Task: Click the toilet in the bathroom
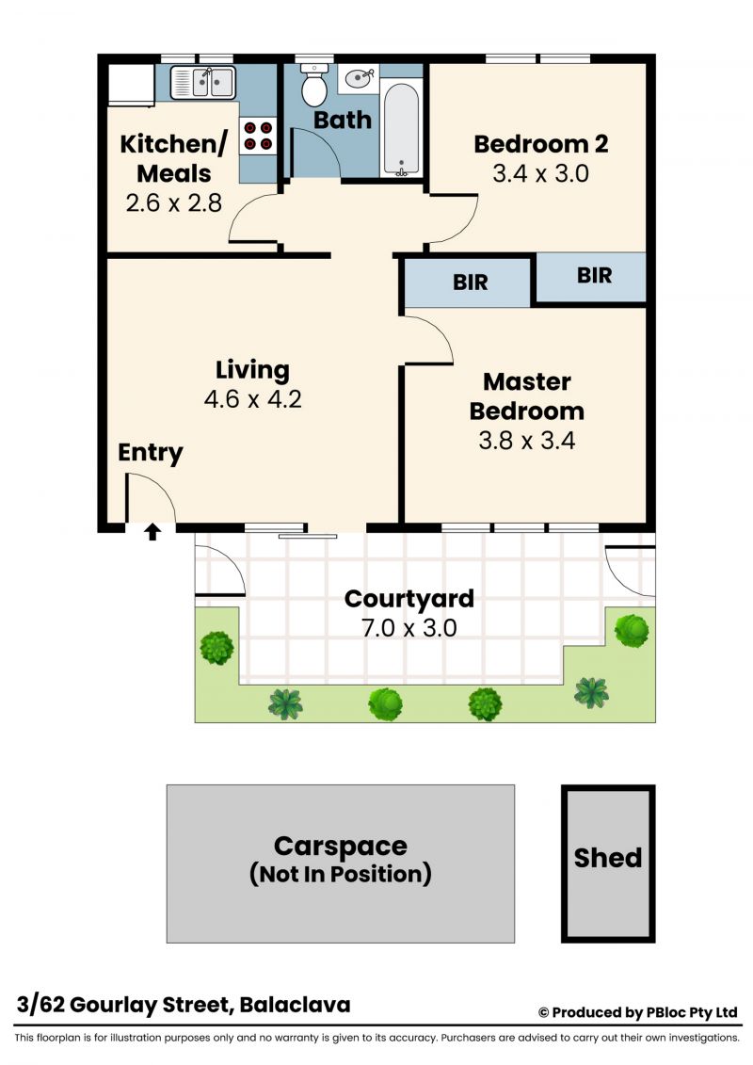[314, 85]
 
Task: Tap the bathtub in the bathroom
[401, 129]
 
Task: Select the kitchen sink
[203, 83]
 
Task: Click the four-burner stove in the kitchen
[258, 136]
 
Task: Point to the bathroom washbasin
[360, 78]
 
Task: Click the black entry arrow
[152, 531]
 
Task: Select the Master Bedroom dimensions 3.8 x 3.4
[527, 441]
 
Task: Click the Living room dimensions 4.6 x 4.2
[252, 398]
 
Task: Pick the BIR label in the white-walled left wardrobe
[470, 282]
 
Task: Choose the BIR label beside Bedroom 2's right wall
[594, 275]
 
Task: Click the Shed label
[608, 858]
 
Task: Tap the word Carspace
[340, 847]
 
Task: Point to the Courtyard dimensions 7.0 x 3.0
[409, 627]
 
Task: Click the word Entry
[150, 452]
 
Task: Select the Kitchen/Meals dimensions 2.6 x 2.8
[174, 203]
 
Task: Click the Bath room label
[343, 121]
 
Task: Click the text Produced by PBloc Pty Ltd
[645, 1012]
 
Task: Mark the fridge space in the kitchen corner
[131, 85]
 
